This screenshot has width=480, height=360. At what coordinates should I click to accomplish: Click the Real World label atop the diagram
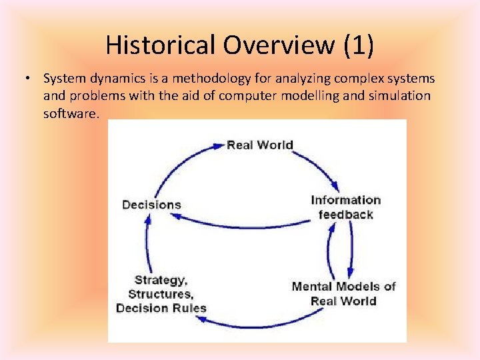259,145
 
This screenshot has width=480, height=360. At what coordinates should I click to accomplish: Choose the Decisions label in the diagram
151,205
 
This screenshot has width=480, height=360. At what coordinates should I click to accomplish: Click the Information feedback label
345,207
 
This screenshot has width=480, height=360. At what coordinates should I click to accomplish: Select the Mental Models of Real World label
343,293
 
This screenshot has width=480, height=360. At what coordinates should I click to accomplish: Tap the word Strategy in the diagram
161,280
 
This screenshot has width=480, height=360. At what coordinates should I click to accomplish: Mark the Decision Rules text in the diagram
161,308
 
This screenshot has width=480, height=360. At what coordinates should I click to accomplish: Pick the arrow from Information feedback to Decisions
253,225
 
